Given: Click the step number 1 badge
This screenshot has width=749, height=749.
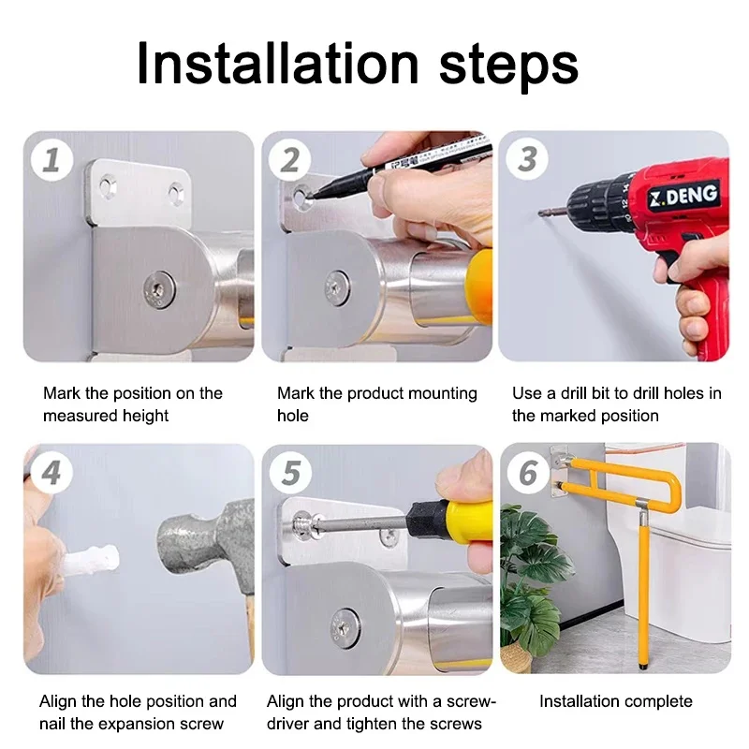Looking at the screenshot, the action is click(51, 159).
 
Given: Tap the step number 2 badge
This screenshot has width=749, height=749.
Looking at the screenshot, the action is click(289, 159).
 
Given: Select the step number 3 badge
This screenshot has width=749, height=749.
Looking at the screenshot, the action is click(527, 158).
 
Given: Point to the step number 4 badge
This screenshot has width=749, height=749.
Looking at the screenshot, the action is click(51, 473).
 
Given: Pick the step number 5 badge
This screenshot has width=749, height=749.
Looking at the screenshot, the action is click(290, 473).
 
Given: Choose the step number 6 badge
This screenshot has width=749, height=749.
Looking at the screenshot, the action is click(528, 473).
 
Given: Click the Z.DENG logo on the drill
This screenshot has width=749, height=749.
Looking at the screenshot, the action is click(683, 196).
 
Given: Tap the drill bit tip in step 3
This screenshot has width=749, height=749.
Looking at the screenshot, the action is click(540, 213).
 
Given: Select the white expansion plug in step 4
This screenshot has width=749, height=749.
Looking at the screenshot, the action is click(91, 560).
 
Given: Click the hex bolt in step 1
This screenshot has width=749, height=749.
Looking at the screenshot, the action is click(159, 289).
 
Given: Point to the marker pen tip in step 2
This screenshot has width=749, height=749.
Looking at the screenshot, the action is click(309, 196).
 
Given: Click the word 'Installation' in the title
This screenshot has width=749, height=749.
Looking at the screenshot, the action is click(277, 64).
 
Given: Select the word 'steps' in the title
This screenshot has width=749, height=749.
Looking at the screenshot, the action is click(507, 66).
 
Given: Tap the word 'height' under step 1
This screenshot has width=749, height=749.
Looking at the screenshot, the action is click(145, 416).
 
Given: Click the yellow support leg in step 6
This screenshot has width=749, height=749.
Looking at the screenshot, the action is click(644, 588).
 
